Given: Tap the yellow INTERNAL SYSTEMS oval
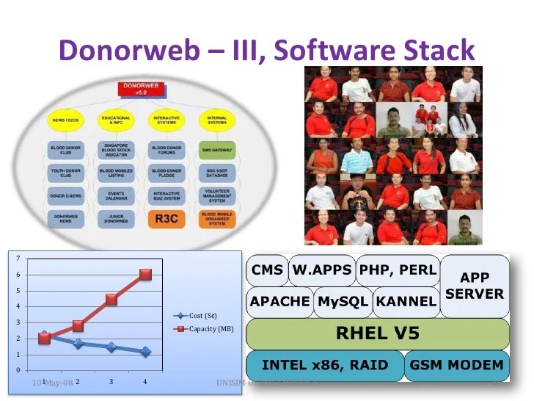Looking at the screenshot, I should [x=217, y=120].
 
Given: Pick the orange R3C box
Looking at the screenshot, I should [x=168, y=218].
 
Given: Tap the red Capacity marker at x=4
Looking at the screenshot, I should [x=145, y=274].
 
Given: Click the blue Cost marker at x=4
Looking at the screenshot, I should [x=145, y=352].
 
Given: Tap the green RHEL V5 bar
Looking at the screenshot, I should [x=377, y=333].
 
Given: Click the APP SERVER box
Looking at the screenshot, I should [x=475, y=286].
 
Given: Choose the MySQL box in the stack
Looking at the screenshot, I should [x=343, y=301].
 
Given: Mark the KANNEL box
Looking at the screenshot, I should [x=406, y=301].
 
